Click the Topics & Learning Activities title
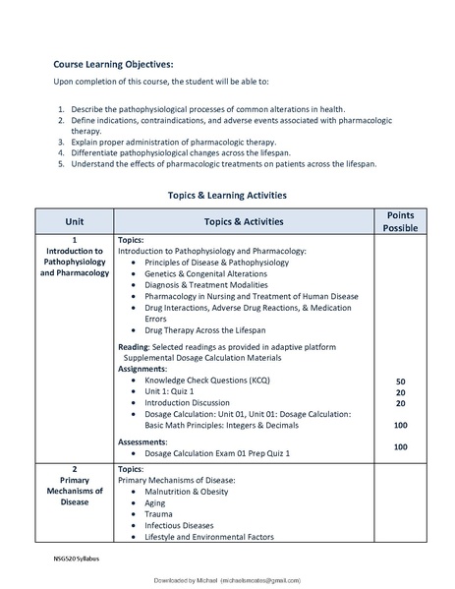[x=227, y=196]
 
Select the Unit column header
[x=75, y=221]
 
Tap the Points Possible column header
[x=400, y=221]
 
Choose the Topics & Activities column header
[x=244, y=221]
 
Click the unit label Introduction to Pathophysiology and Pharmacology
[x=75, y=262]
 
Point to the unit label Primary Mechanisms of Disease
[x=75, y=490]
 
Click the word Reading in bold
[x=134, y=347]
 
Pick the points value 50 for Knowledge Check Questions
[x=400, y=381]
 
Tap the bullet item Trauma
[x=158, y=513]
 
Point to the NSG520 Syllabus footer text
[x=77, y=559]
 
